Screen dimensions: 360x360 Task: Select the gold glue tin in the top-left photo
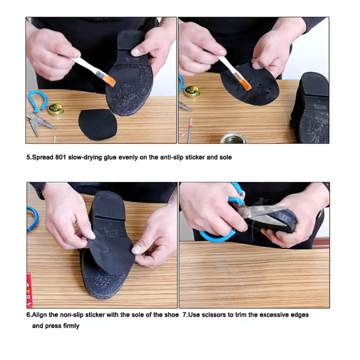[x=55, y=109]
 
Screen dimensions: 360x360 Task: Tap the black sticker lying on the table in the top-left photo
[x=97, y=123]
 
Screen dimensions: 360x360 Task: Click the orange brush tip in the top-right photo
[x=246, y=85]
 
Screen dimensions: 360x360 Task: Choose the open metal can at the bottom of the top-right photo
[x=233, y=138]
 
